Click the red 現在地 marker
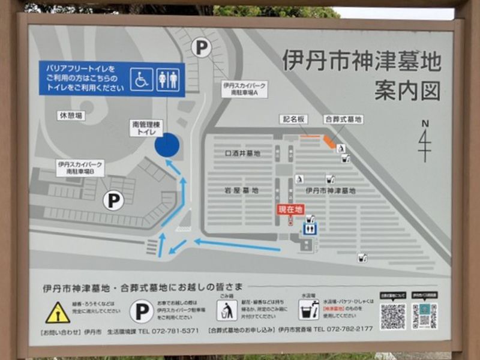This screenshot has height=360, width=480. [x=290, y=209]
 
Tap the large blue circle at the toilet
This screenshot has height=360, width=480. [x=167, y=145]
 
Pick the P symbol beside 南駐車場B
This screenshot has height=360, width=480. [x=113, y=200]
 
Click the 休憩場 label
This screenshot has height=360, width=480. [x=71, y=115]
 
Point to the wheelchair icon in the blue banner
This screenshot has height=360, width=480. [x=142, y=79]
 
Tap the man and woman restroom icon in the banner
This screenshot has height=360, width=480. [x=168, y=79]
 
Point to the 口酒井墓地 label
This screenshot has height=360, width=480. [x=242, y=154]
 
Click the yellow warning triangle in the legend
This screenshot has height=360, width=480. [x=58, y=313]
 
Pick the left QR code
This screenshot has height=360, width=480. [x=392, y=316]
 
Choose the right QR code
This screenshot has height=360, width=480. [x=424, y=316]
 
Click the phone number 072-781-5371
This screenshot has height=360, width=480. [x=177, y=330]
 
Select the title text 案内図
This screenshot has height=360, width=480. [x=407, y=90]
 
